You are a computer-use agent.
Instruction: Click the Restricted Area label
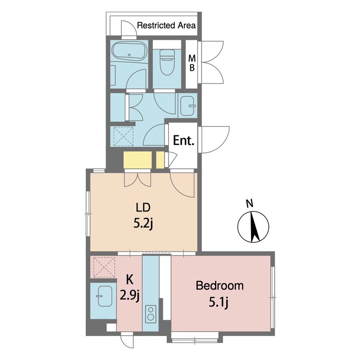point(166,25)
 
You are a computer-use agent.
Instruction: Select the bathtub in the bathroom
point(129,53)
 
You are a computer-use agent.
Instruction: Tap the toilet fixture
point(166,63)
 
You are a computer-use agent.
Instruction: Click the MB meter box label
point(193,63)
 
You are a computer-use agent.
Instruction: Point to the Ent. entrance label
point(184,141)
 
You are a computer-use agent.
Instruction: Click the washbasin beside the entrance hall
point(187,105)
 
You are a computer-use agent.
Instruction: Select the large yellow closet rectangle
point(137,160)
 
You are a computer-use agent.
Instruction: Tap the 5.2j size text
point(144,224)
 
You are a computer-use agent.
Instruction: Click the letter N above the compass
point(249,203)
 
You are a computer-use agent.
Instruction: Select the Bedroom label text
point(219,286)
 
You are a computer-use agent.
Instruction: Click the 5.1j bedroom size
point(219,304)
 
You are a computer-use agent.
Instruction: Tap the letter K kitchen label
point(130,280)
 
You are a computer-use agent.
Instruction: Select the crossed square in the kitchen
point(103,267)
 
